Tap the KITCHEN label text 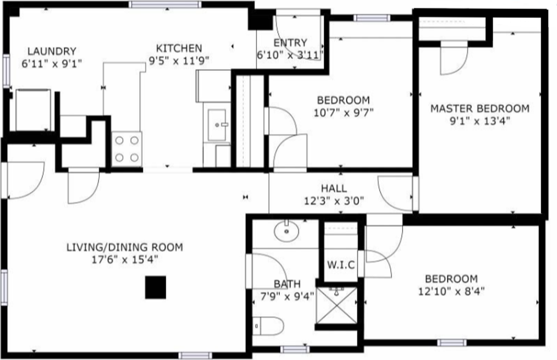pos(179,48)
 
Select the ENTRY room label pos(290,43)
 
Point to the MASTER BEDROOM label pos(480,108)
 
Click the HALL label pos(334,188)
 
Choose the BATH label pos(287,284)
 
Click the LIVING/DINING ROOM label pos(124,247)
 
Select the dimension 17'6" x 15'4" pos(124,259)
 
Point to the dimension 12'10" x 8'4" pos(451,291)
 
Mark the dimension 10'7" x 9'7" pos(343,113)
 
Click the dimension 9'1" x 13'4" pos(480,121)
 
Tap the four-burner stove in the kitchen pos(127,148)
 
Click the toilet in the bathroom pos(268,325)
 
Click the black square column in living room pos(155,288)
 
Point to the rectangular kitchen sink pos(217,125)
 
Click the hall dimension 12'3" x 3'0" pos(334,201)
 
